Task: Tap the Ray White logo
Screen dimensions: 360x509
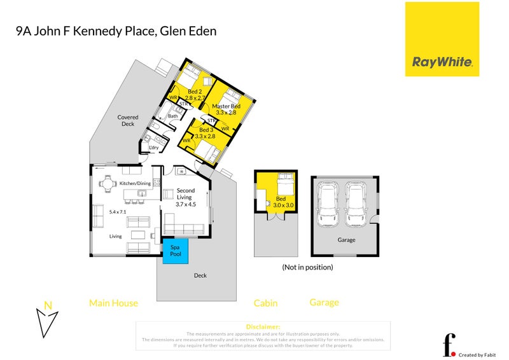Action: pyautogui.click(x=442, y=39)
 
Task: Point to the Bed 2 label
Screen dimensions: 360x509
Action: pyautogui.click(x=195, y=92)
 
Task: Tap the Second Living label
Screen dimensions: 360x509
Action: pyautogui.click(x=186, y=194)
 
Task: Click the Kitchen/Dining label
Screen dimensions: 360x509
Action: pyautogui.click(x=135, y=184)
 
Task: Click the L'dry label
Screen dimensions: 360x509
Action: pyautogui.click(x=153, y=148)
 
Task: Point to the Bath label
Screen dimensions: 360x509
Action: pyautogui.click(x=172, y=116)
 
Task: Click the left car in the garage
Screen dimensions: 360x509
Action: pyautogui.click(x=329, y=204)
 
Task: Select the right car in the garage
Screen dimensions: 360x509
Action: pyautogui.click(x=356, y=204)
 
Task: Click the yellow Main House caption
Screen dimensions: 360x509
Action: pyautogui.click(x=113, y=303)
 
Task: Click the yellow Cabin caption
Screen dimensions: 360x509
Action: pyautogui.click(x=265, y=303)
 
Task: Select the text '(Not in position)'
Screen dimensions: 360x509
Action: pyautogui.click(x=307, y=267)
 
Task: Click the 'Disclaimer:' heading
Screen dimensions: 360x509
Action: pyautogui.click(x=262, y=326)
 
